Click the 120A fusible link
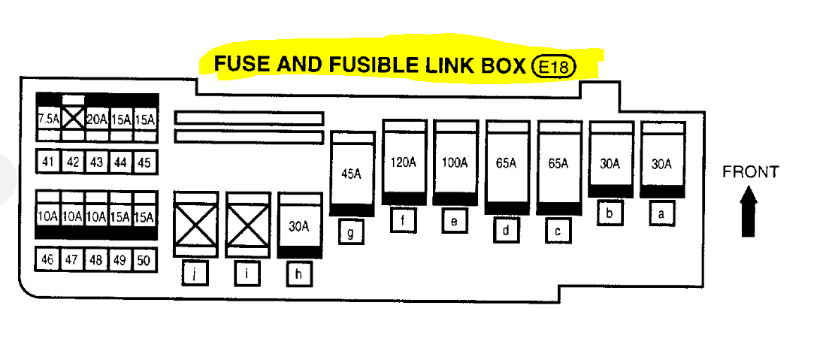pos(404,162)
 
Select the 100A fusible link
pos(455,162)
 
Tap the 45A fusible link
pos(352,173)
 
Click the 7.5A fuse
pos(48,119)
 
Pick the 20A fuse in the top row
pos(97,119)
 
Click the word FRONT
pos(750,172)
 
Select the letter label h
pos(299,275)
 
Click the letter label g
pos(351,232)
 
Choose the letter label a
pos(661,214)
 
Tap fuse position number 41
pos(48,162)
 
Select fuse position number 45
pos(144,162)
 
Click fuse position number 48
pos(96,259)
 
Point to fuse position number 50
pos(144,259)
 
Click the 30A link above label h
pos(300,225)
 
